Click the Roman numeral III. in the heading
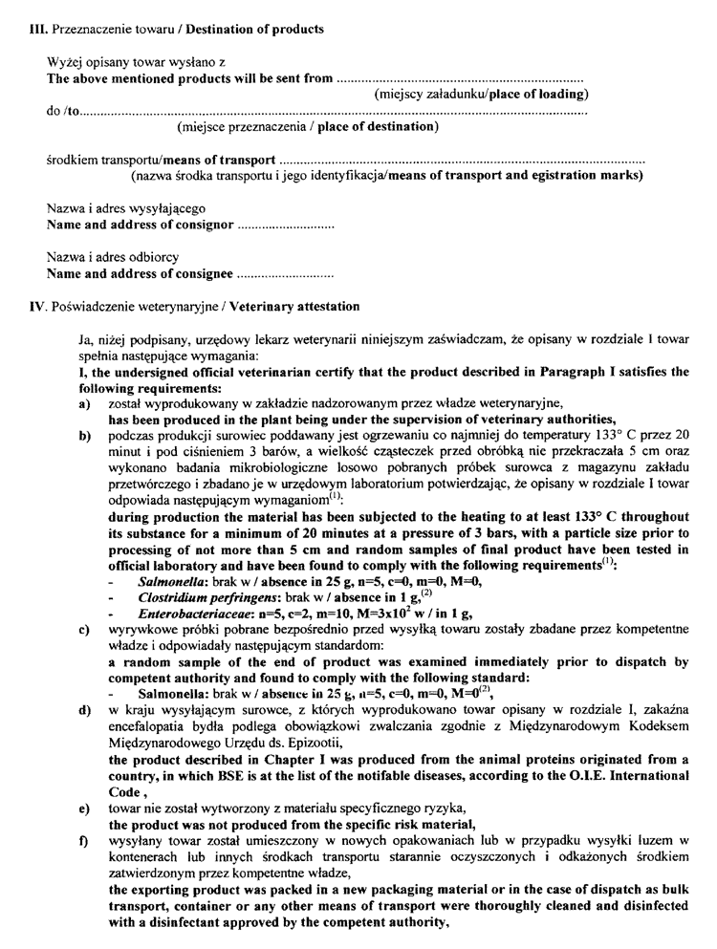[x=42, y=30]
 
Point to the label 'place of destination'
[x=378, y=127]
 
